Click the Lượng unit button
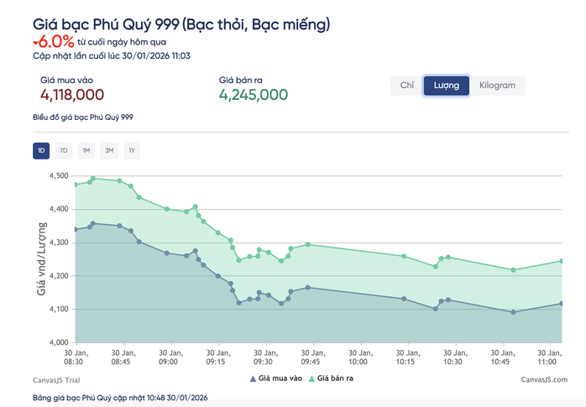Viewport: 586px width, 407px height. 446,86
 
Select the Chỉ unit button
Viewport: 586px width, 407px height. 407,86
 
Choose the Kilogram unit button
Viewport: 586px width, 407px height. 497,86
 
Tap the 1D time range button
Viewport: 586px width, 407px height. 41,151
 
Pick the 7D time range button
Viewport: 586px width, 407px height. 64,151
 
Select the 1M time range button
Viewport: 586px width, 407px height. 86,151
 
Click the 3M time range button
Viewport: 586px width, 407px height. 108,151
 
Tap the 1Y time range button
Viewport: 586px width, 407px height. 131,151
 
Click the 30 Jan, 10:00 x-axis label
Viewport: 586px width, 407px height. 358,357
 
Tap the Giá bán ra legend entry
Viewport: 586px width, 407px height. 333,379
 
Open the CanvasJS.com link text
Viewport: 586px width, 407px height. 543,379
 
